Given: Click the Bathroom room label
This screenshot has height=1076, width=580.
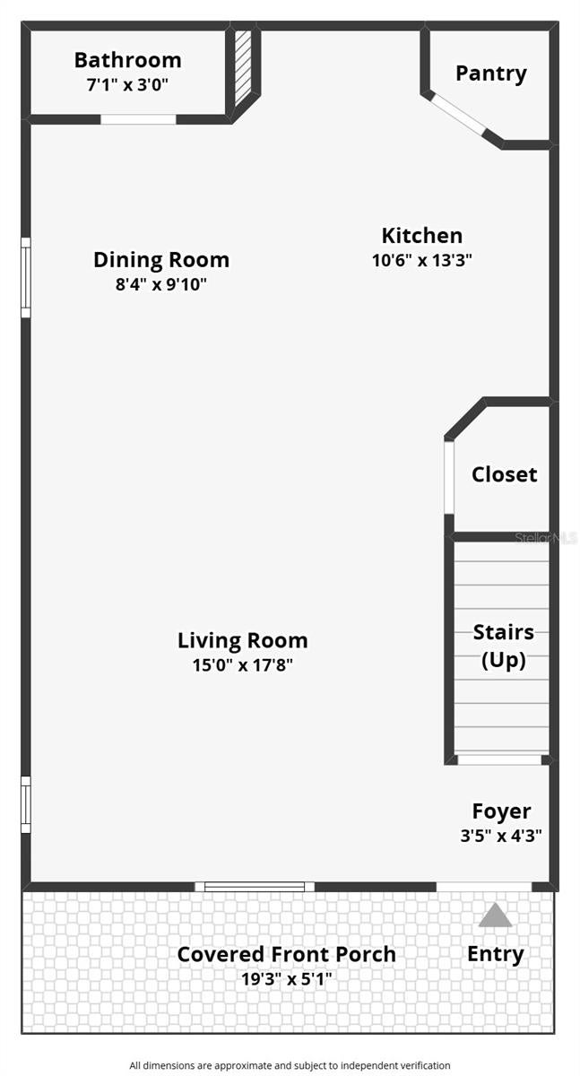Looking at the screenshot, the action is [127, 61].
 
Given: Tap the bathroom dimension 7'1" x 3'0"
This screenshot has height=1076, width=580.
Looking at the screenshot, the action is [127, 85].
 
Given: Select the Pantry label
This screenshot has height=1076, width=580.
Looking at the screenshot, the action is [490, 74].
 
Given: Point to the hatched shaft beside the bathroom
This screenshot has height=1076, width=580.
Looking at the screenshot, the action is [243, 69].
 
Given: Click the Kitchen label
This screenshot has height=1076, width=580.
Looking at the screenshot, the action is [422, 235].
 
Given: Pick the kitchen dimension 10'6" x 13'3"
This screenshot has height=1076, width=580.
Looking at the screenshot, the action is [422, 260].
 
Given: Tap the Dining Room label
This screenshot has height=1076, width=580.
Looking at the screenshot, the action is [160, 260].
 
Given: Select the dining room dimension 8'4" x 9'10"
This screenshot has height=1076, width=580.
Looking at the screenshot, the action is [160, 284].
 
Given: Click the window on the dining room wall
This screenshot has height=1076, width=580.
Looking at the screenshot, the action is [26, 278].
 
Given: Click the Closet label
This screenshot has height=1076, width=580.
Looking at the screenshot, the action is [504, 474].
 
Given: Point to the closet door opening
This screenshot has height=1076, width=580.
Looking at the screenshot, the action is [449, 477].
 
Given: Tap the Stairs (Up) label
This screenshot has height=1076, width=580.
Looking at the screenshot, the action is [503, 646].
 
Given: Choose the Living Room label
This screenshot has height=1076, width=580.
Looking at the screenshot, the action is [242, 640].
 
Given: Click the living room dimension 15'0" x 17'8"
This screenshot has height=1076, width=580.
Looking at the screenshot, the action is [242, 665].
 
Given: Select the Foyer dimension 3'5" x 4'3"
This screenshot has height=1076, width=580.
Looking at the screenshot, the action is [501, 836].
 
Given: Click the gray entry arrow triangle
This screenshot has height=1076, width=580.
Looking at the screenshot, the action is [495, 915].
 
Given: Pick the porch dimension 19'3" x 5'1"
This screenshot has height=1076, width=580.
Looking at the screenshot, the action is [286, 979].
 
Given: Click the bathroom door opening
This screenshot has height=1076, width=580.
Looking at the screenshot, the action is [138, 119].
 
